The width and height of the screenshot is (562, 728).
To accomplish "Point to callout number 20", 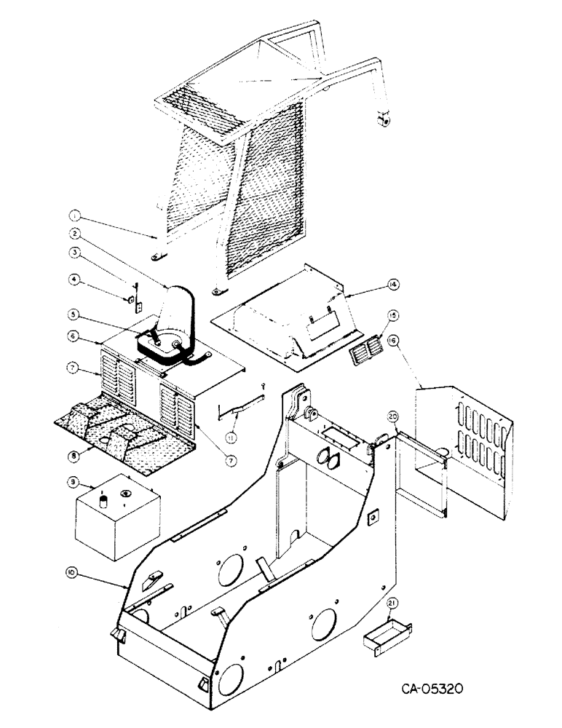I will click(x=393, y=416).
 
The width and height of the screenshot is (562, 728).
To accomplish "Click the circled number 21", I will click(x=394, y=603).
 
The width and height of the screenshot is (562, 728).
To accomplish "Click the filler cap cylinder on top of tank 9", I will click(x=103, y=500).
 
